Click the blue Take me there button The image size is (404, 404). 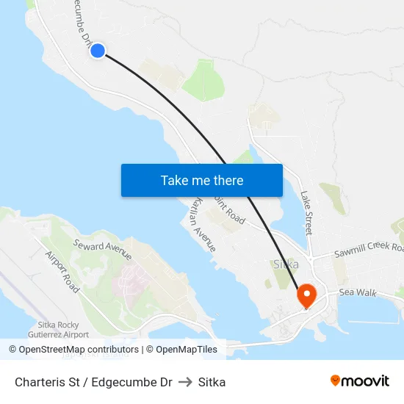coord(202,180)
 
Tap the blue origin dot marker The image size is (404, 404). coord(97,50)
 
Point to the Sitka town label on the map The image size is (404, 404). coord(285,264)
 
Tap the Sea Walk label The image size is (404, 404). coord(357,293)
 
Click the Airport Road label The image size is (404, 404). coord(62,272)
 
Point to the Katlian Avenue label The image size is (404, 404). coord(203,224)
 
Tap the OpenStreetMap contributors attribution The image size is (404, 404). coord(74,350)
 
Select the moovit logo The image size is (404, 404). coord(360,381)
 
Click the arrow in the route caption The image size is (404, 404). coord(185,382)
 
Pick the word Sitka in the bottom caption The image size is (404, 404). coord(212,382)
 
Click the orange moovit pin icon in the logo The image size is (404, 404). coord(336,381)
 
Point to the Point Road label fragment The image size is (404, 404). coord(229,209)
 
